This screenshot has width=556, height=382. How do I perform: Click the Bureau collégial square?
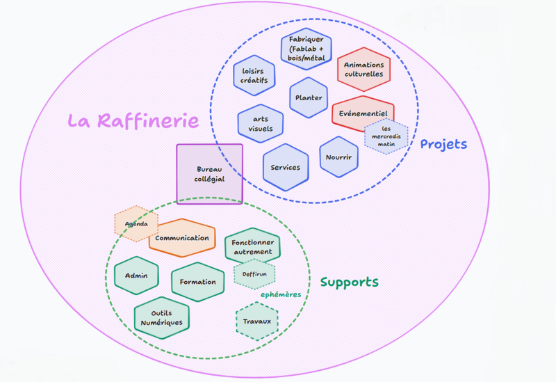click(209, 174)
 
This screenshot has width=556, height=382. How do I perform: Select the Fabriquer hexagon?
click(306, 49)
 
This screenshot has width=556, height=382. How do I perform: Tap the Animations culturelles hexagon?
click(363, 70)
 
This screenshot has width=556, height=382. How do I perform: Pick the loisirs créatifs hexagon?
click(254, 75)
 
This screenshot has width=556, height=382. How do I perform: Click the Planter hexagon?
click(308, 98)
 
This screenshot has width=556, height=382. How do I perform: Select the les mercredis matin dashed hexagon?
click(386, 136)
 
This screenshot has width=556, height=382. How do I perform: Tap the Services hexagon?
click(286, 168)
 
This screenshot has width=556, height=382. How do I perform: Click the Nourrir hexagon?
click(338, 157)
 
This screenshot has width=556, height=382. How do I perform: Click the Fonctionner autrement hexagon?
click(252, 245)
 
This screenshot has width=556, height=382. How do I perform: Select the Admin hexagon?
click(136, 276)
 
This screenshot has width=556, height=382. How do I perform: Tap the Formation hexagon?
click(197, 282)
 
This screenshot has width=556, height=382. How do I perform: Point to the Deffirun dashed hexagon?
click(254, 274)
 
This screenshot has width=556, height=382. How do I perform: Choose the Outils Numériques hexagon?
click(161, 318)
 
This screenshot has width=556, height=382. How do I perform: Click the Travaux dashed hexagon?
click(256, 321)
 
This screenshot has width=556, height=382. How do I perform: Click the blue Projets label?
click(443, 145)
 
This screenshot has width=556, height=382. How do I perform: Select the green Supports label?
click(349, 282)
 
